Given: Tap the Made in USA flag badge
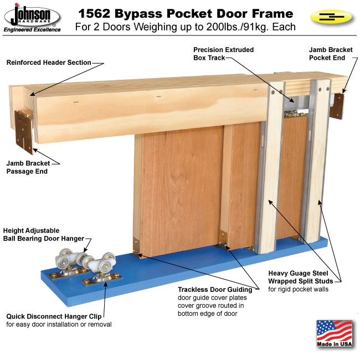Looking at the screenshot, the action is point(335,334).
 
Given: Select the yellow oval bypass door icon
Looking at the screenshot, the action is point(331,17).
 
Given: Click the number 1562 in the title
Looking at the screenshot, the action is point(94,13).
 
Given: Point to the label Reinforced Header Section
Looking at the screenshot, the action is point(49,63).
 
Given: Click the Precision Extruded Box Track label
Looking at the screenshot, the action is point(223,54).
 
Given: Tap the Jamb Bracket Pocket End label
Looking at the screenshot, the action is point(331,54).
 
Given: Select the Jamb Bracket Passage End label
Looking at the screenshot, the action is point(28,167).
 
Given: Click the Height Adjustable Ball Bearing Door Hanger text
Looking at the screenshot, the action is point(44,234).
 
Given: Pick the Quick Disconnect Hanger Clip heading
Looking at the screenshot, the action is point(54,316).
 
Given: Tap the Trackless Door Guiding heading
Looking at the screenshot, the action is point(215,290).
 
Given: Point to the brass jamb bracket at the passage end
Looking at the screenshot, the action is point(24,132).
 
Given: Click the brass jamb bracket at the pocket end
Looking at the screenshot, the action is point(337,106).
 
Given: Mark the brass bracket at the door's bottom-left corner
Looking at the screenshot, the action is point(136,247).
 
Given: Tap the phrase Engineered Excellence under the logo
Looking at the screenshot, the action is point(32,29).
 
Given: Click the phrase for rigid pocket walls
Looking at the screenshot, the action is point(298,289).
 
